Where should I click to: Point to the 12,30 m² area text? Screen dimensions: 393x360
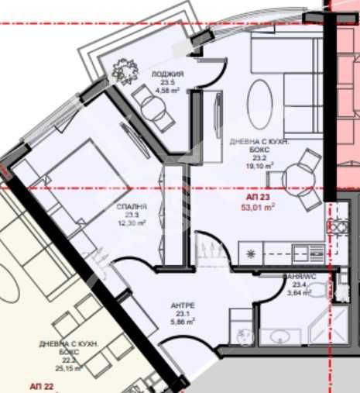pos(132,223)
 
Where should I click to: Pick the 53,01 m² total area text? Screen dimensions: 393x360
pos(259,207)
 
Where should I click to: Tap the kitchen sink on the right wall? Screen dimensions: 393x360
pos(338,226)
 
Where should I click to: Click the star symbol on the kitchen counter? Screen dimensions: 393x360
pos(250,253)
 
